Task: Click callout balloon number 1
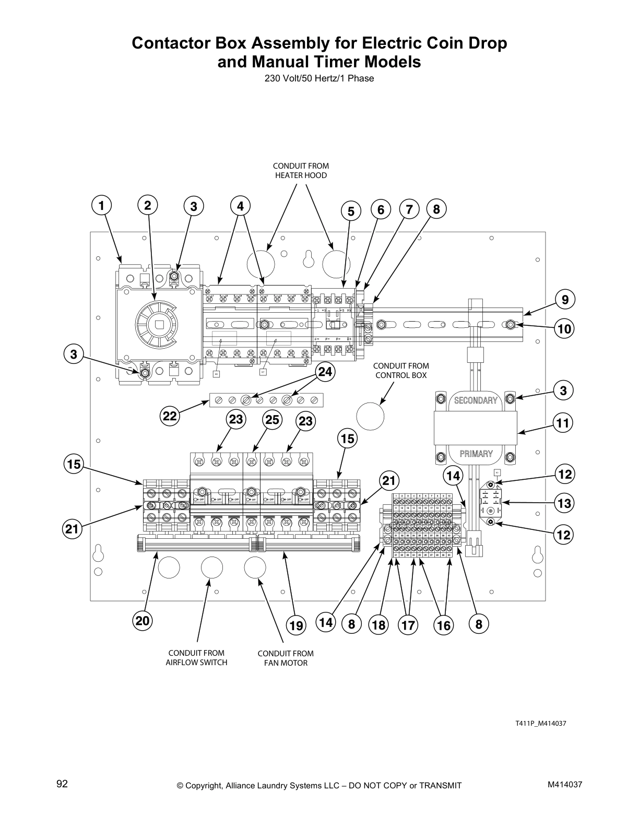pos(102,206)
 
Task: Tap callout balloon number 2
pos(148,206)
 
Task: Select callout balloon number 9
pos(565,300)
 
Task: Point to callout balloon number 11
pos(562,423)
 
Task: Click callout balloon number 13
pos(564,503)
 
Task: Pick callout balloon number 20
pos(143,621)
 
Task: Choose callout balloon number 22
pos(170,416)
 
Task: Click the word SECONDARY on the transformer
pos(475,400)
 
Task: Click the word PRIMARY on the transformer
pos(476,454)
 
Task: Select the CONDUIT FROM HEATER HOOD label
pos(301,171)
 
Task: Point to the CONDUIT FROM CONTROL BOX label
pos(401,371)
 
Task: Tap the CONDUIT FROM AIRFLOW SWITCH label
pos(196,658)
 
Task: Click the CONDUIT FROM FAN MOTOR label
pos(286,658)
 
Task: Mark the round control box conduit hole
pos(370,416)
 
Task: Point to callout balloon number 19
pos(296,625)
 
